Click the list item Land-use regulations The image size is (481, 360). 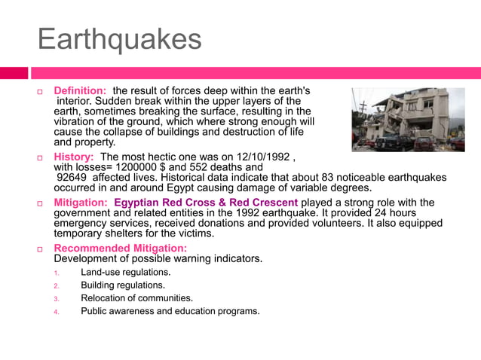[x=126, y=272]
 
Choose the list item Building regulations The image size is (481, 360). [x=123, y=285]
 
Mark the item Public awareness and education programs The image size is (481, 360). [x=170, y=311]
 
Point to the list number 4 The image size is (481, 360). [x=56, y=312]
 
